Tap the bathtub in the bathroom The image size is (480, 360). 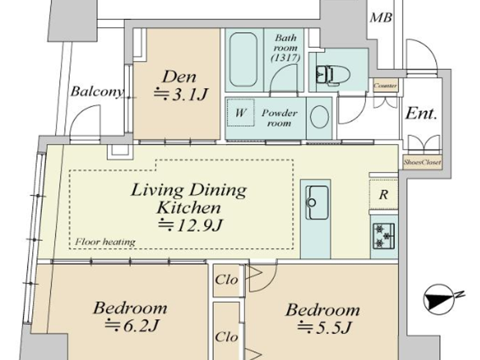[x=243, y=60]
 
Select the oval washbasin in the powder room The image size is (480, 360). [x=319, y=117]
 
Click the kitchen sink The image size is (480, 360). [x=316, y=203]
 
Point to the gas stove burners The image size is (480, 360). [x=383, y=236]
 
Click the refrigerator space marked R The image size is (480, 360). [x=383, y=195]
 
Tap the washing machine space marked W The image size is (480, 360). [x=241, y=112]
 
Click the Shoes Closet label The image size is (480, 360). [x=422, y=162]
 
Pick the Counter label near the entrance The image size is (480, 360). [x=385, y=86]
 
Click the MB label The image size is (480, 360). [x=381, y=17]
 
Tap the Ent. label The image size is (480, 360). [x=421, y=113]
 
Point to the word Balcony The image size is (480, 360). [x=97, y=92]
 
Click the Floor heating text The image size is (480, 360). [x=105, y=242]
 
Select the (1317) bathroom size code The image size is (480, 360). [x=285, y=58]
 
